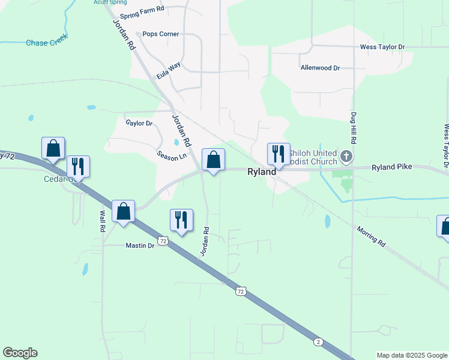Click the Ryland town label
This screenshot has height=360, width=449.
tap(262, 172)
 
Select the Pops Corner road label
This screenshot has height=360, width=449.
tap(160, 34)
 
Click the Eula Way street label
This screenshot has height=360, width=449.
tap(168, 71)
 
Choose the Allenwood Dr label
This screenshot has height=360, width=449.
tap(320, 68)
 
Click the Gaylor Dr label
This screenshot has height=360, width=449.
tap(139, 123)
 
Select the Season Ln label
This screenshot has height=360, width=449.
tap(172, 155)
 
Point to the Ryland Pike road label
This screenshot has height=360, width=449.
tap(391, 166)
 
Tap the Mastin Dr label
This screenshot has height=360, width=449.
tap(140, 245)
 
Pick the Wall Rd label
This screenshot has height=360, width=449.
tap(103, 213)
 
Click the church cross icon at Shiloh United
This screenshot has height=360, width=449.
tap(346, 157)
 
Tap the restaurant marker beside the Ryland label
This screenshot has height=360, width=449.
tap(279, 154)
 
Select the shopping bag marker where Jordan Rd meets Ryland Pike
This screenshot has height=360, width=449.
tap(213, 160)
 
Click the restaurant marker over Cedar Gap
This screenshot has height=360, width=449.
tap(78, 166)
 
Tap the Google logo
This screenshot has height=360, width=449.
tap(20, 353)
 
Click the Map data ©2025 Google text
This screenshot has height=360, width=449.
tap(412, 355)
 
